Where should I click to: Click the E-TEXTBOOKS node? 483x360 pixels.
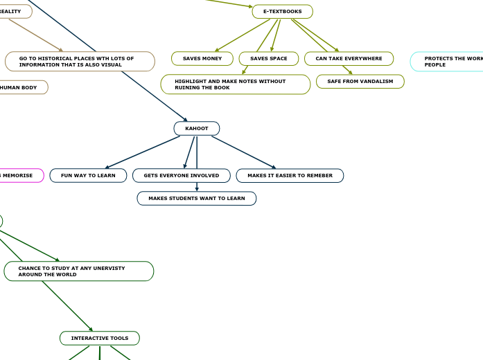click(x=282, y=12)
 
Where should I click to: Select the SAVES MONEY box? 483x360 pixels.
click(x=202, y=59)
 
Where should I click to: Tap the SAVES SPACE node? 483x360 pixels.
click(x=268, y=59)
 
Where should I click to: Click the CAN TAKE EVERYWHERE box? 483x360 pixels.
click(x=349, y=59)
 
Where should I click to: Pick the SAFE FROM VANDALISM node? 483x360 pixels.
click(x=360, y=82)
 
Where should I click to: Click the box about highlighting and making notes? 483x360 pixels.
click(x=235, y=84)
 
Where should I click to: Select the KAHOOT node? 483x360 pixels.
click(x=197, y=129)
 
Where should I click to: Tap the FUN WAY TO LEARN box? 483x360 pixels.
click(x=88, y=176)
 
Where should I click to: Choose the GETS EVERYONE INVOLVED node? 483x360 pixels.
click(x=181, y=176)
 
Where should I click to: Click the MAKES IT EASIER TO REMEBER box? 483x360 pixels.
click(x=290, y=176)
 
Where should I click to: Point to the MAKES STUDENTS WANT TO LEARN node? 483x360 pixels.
click(x=196, y=199)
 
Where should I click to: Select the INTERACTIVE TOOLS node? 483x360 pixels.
click(x=100, y=339)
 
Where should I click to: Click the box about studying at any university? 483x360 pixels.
click(x=78, y=271)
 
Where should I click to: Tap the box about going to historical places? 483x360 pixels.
click(x=80, y=62)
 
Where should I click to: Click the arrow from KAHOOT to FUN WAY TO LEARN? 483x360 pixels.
click(x=142, y=152)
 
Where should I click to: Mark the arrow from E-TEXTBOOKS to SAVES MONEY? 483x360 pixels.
click(x=243, y=35)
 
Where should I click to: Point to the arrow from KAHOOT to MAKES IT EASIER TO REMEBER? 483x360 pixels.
click(x=243, y=152)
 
